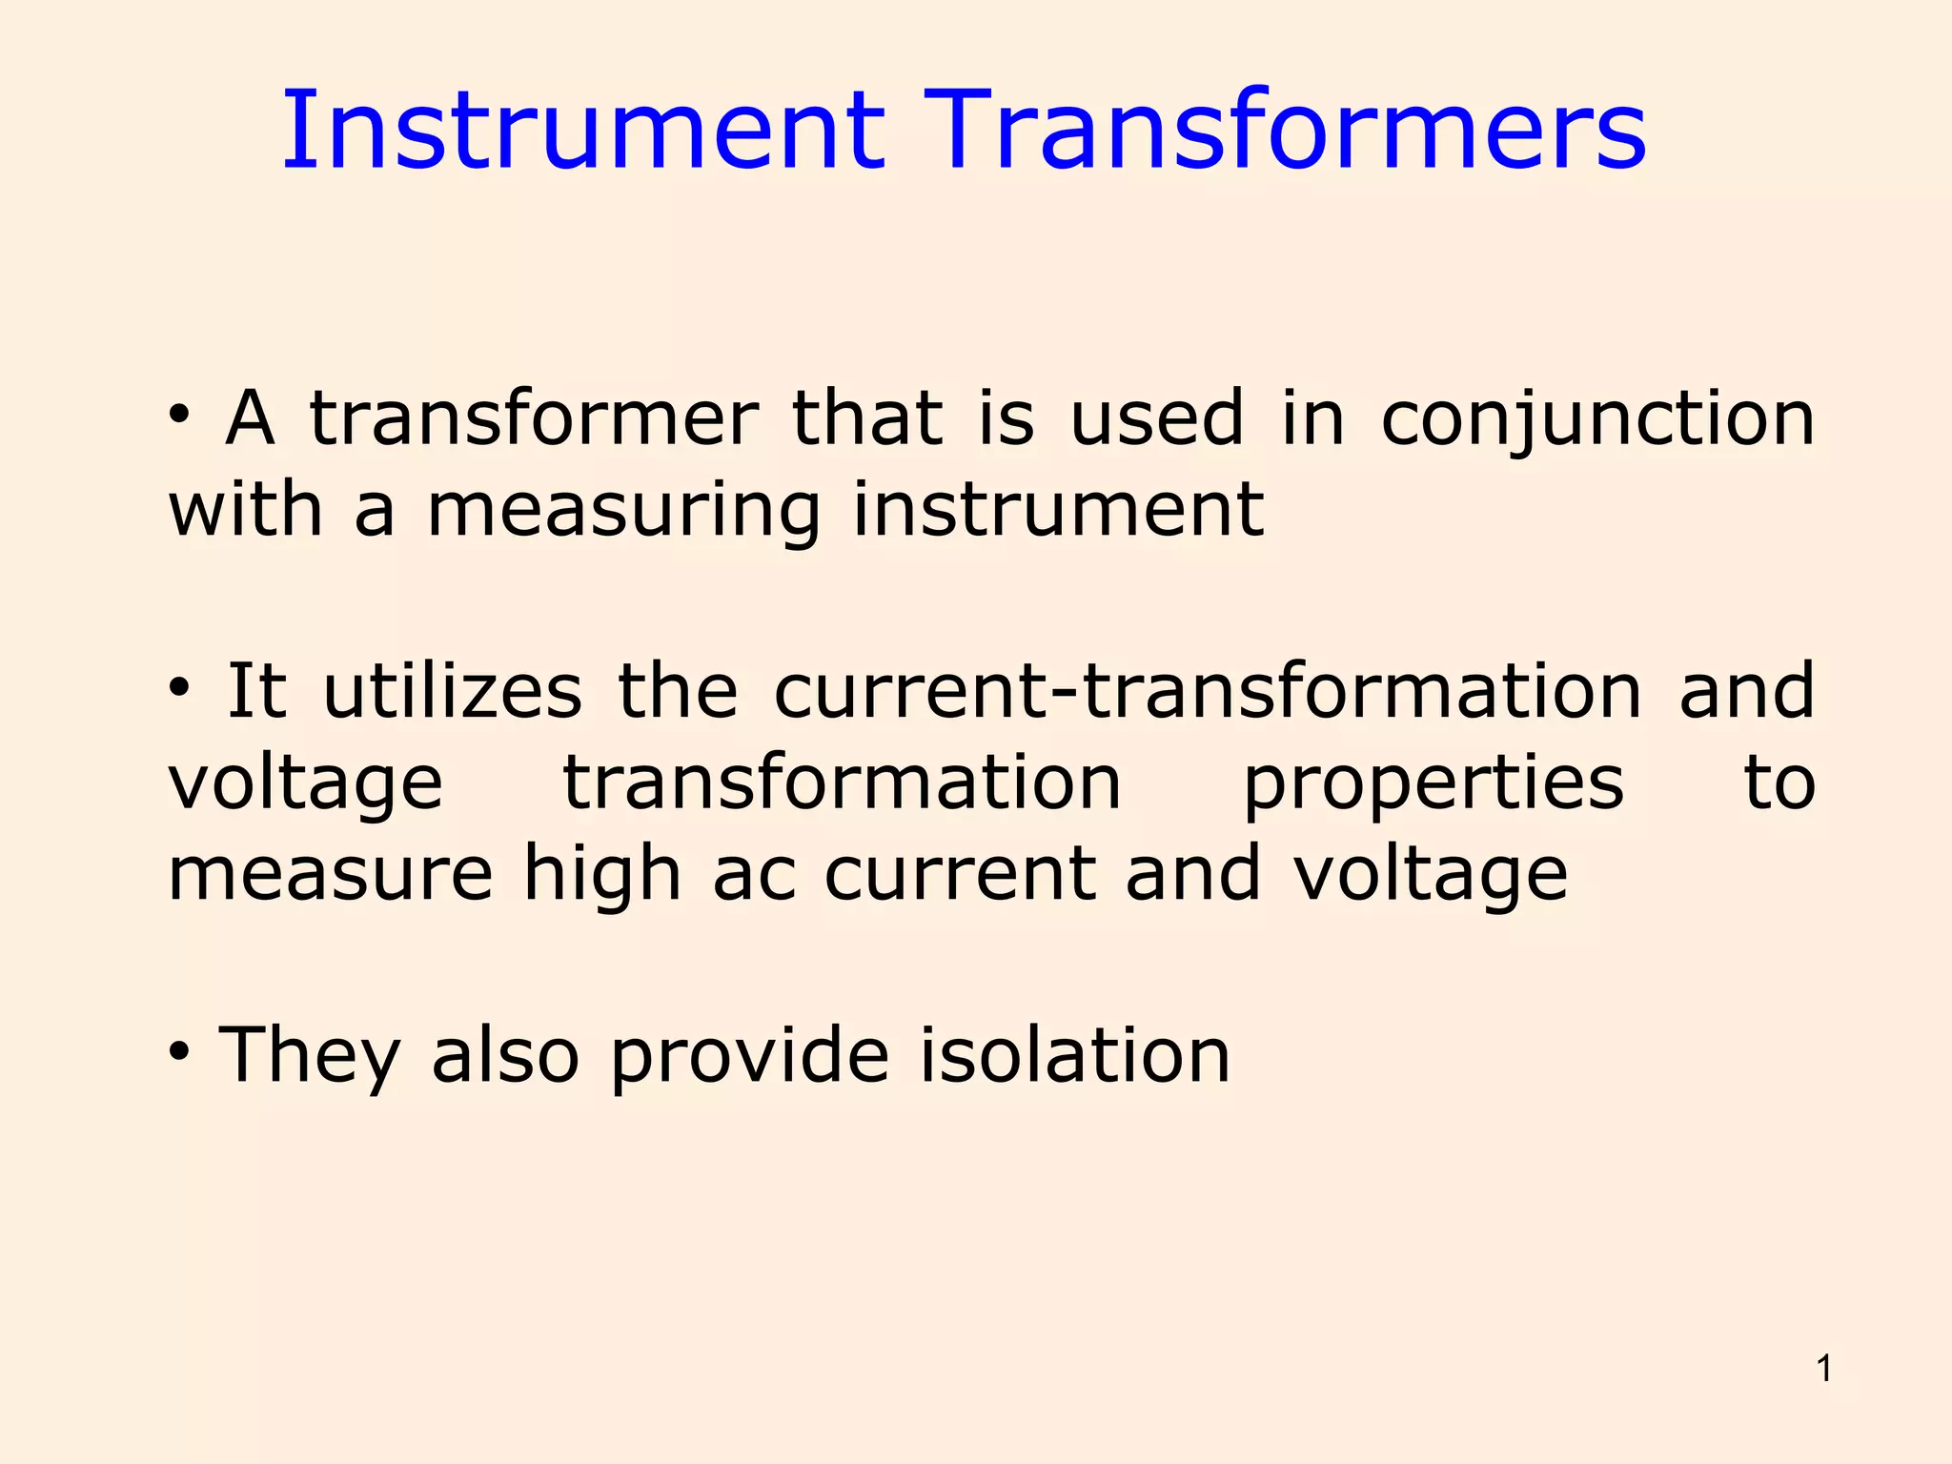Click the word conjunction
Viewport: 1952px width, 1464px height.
tap(1597, 419)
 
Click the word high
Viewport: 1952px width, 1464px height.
tap(602, 875)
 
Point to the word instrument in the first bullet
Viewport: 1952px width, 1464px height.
tap(1058, 509)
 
